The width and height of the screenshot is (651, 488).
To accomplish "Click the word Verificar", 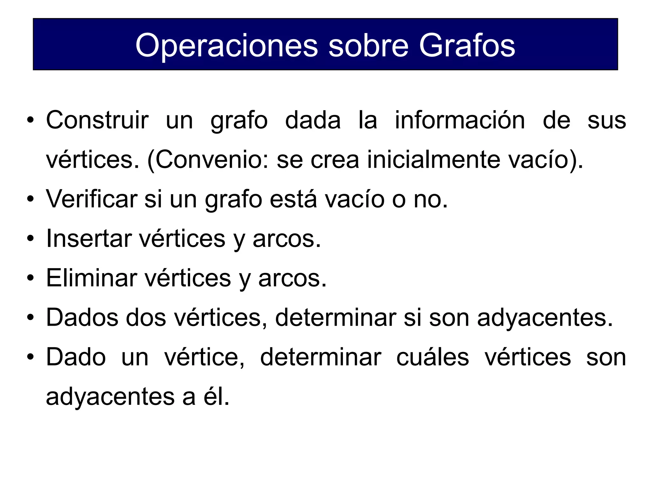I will pyautogui.click(x=92, y=199).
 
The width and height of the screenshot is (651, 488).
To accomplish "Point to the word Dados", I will pyautogui.click(x=82, y=317).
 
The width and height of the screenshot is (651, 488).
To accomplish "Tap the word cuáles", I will pyautogui.click(x=432, y=357).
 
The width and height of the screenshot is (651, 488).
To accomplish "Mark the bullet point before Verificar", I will pyautogui.click(x=30, y=199).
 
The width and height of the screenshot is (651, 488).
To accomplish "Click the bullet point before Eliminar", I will pyautogui.click(x=30, y=278).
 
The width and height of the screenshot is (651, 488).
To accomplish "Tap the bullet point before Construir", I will pyautogui.click(x=30, y=120).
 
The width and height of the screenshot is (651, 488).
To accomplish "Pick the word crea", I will pyautogui.click(x=334, y=159).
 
